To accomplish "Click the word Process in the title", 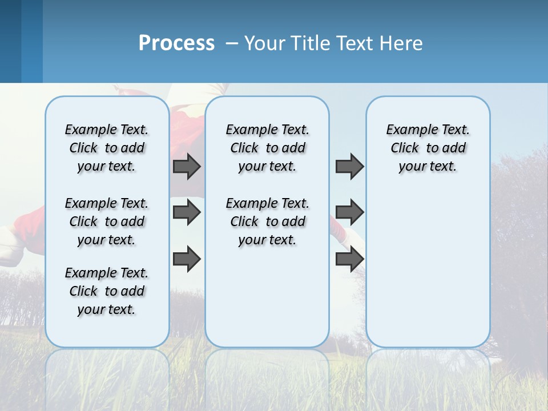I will tap(176, 43).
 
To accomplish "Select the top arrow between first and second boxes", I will tap(187, 166).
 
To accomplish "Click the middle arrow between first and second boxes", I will tap(187, 213).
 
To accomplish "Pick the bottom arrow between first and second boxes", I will tap(187, 259).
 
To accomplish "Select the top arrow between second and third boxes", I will tap(349, 166).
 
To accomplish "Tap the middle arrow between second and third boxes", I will tap(349, 213).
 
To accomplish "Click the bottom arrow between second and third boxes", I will tap(349, 259).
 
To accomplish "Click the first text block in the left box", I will tap(107, 148).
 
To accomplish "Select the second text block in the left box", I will tap(107, 221).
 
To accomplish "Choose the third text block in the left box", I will tap(107, 291).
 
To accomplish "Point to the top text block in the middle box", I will tap(267, 148).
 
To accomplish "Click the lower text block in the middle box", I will tap(267, 221).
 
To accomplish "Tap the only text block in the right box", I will tap(428, 148).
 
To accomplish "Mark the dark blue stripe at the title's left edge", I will tap(10, 41).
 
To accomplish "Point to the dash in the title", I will tap(232, 44).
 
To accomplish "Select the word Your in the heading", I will tap(265, 43).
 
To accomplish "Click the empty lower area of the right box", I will tap(428, 268).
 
